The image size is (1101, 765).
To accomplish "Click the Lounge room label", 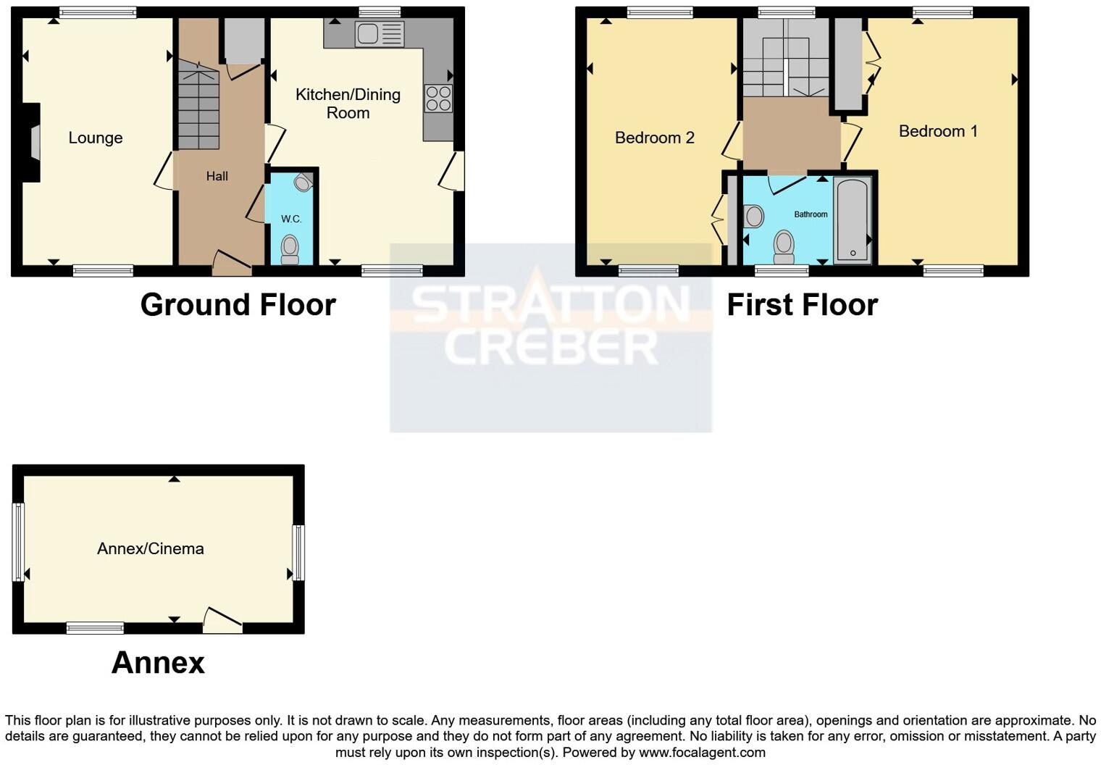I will pyautogui.click(x=95, y=138).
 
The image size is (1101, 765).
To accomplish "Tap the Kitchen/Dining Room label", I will pyautogui.click(x=348, y=104).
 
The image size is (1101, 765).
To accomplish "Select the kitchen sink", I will pyautogui.click(x=379, y=34).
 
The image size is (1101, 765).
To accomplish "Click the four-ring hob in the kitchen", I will pyautogui.click(x=438, y=99).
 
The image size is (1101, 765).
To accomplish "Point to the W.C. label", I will pyautogui.click(x=291, y=219).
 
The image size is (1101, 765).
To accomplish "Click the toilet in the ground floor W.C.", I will pyautogui.click(x=290, y=249).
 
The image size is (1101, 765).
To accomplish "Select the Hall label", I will pyautogui.click(x=217, y=176).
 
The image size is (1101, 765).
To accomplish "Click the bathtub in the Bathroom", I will pyautogui.click(x=853, y=220).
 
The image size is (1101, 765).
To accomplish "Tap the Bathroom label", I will pyautogui.click(x=811, y=214).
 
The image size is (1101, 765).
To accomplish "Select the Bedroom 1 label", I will pyautogui.click(x=938, y=131).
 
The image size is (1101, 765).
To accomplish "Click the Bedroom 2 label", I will pyautogui.click(x=654, y=138).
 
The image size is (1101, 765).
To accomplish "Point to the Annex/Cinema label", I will pyautogui.click(x=150, y=548).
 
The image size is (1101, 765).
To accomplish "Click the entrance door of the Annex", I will pyautogui.click(x=222, y=620).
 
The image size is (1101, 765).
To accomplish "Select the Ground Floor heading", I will pyautogui.click(x=238, y=305).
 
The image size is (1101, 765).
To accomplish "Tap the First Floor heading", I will pyautogui.click(x=802, y=305).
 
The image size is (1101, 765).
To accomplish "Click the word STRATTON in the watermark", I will pyautogui.click(x=550, y=304).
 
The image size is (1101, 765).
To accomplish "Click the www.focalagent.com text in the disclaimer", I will pyautogui.click(x=702, y=752).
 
